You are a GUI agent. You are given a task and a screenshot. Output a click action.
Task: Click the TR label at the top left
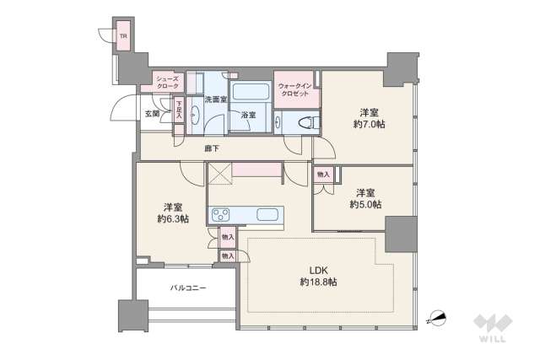123,36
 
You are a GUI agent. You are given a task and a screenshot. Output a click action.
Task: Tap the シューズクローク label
166,82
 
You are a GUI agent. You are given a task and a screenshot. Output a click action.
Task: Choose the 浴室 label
249,115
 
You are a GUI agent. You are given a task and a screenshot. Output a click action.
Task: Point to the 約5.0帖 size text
364,204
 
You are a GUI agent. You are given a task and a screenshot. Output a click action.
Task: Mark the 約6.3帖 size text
172,219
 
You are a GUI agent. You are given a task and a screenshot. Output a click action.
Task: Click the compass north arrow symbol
440,318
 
